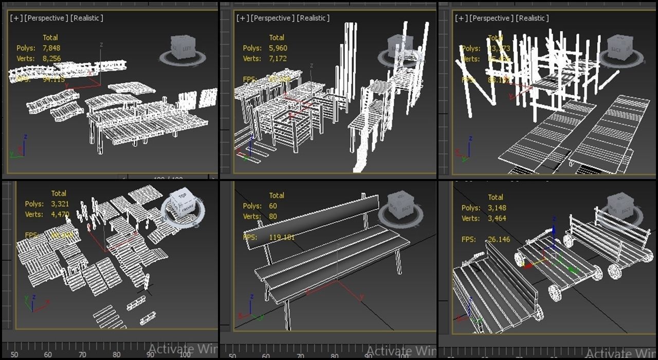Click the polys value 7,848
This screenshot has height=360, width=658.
tap(51, 48)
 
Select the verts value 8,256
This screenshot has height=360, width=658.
tap(51, 59)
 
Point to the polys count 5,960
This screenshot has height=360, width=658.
tap(278, 48)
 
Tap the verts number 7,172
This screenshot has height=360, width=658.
tap(278, 59)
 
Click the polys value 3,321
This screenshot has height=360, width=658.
tap(60, 204)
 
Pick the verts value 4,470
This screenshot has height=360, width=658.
tap(60, 214)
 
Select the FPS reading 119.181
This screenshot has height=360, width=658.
tap(282, 238)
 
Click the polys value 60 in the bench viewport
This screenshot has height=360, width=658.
tap(273, 206)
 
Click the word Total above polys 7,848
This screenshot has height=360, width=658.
tap(50, 38)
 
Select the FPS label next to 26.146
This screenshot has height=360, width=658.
tap(468, 239)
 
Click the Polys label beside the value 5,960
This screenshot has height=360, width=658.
tap(252, 48)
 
